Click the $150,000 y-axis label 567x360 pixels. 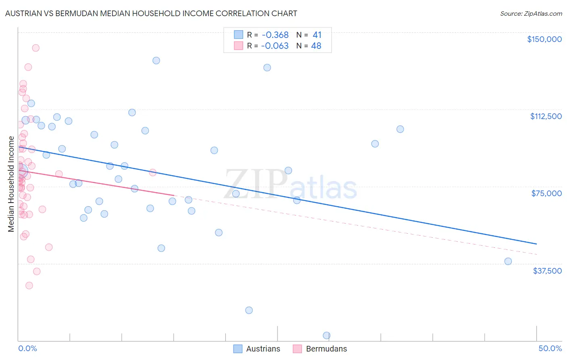click(x=544, y=39)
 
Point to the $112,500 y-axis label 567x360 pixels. click(x=546, y=116)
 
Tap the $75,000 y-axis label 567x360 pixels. click(x=546, y=193)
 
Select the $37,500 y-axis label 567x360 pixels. click(x=547, y=271)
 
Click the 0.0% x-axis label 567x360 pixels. click(x=27, y=348)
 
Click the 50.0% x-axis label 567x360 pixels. click(x=550, y=348)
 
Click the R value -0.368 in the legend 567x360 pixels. click(x=275, y=35)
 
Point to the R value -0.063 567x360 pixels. click(x=275, y=46)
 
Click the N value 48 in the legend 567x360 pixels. click(x=316, y=46)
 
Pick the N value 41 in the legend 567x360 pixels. click(x=317, y=35)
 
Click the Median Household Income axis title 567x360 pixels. click(x=11, y=184)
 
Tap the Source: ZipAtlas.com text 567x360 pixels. click(x=531, y=14)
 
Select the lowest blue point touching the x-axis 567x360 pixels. click(x=327, y=335)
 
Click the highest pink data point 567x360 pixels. click(x=35, y=48)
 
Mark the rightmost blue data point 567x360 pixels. click(x=508, y=261)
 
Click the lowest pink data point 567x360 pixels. click(x=29, y=285)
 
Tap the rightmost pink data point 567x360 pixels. click(x=152, y=172)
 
